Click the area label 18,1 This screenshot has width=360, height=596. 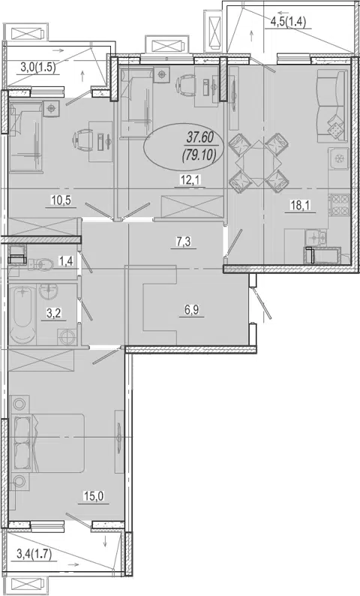click(300, 206)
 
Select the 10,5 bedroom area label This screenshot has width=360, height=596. click(61, 200)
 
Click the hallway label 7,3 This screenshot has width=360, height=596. click(183, 242)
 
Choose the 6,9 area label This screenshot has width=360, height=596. click(192, 309)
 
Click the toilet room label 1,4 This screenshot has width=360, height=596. click(65, 260)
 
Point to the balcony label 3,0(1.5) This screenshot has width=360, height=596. click(37, 68)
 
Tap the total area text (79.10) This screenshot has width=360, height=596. click(199, 155)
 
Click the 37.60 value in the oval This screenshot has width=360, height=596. click(200, 137)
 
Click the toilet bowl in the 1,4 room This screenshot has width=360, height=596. click(41, 263)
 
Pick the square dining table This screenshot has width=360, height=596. click(259, 164)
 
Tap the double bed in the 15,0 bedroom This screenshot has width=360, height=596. click(49, 444)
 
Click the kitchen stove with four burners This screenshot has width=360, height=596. click(339, 206)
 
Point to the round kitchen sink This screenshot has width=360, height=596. click(339, 158)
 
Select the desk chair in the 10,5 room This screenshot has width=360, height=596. click(82, 138)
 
